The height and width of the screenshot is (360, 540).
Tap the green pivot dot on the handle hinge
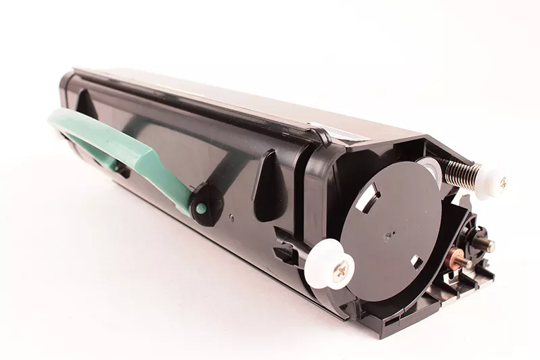click(200, 209)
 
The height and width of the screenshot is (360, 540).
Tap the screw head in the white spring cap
click(502, 181)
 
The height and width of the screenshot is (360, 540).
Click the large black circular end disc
click(391, 224)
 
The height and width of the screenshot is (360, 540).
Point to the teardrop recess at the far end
click(86, 105)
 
